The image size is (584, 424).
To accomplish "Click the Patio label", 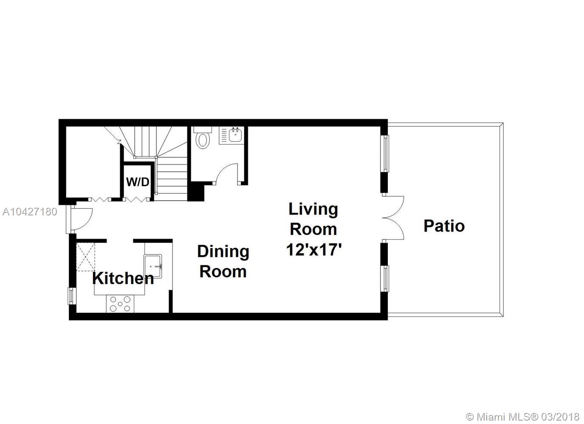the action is click(x=444, y=226).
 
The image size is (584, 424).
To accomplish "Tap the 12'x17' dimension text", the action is click(x=314, y=249).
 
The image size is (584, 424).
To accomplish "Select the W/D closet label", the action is click(x=138, y=182).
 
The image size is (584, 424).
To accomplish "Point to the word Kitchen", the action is click(x=123, y=278).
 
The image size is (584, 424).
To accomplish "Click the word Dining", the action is click(x=223, y=252).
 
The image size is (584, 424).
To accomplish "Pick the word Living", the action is click(x=313, y=209).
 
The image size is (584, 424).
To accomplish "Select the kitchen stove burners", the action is click(x=120, y=304).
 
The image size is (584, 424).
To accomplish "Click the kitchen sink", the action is click(x=153, y=267).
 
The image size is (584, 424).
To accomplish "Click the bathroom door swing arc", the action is click(x=226, y=173).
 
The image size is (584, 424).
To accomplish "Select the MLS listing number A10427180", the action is click(x=30, y=212).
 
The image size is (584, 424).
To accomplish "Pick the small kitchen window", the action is click(x=71, y=296).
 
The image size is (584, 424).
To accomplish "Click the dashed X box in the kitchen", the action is click(x=85, y=257).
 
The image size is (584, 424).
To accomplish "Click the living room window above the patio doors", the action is click(x=384, y=153).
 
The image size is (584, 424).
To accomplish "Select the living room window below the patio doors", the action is click(x=384, y=279).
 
